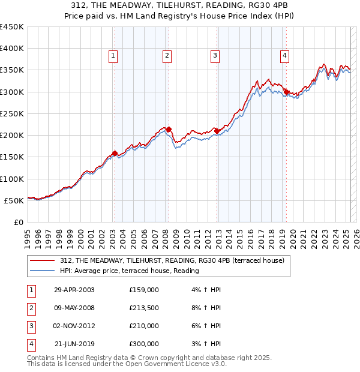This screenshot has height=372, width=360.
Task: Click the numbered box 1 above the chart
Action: pyautogui.click(x=113, y=56)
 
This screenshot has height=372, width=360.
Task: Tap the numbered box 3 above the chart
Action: pyautogui.click(x=214, y=56)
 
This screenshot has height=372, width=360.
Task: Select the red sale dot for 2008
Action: pyautogui.click(x=169, y=129)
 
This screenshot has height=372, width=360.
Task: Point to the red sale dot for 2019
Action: pyautogui.click(x=287, y=92)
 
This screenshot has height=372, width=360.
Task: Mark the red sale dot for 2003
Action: pyautogui.click(x=115, y=153)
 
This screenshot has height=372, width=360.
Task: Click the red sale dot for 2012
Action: pyautogui.click(x=217, y=131)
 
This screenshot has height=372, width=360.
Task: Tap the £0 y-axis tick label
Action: pyautogui.click(x=18, y=223)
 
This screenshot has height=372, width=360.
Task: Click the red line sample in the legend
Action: pyautogui.click(x=43, y=261)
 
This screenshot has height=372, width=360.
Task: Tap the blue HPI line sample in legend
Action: pyautogui.click(x=43, y=271)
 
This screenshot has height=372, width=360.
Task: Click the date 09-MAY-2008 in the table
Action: pyautogui.click(x=74, y=308)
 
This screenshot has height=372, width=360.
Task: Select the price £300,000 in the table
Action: pyautogui.click(x=144, y=344)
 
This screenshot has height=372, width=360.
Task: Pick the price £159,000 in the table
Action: pyautogui.click(x=144, y=290)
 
